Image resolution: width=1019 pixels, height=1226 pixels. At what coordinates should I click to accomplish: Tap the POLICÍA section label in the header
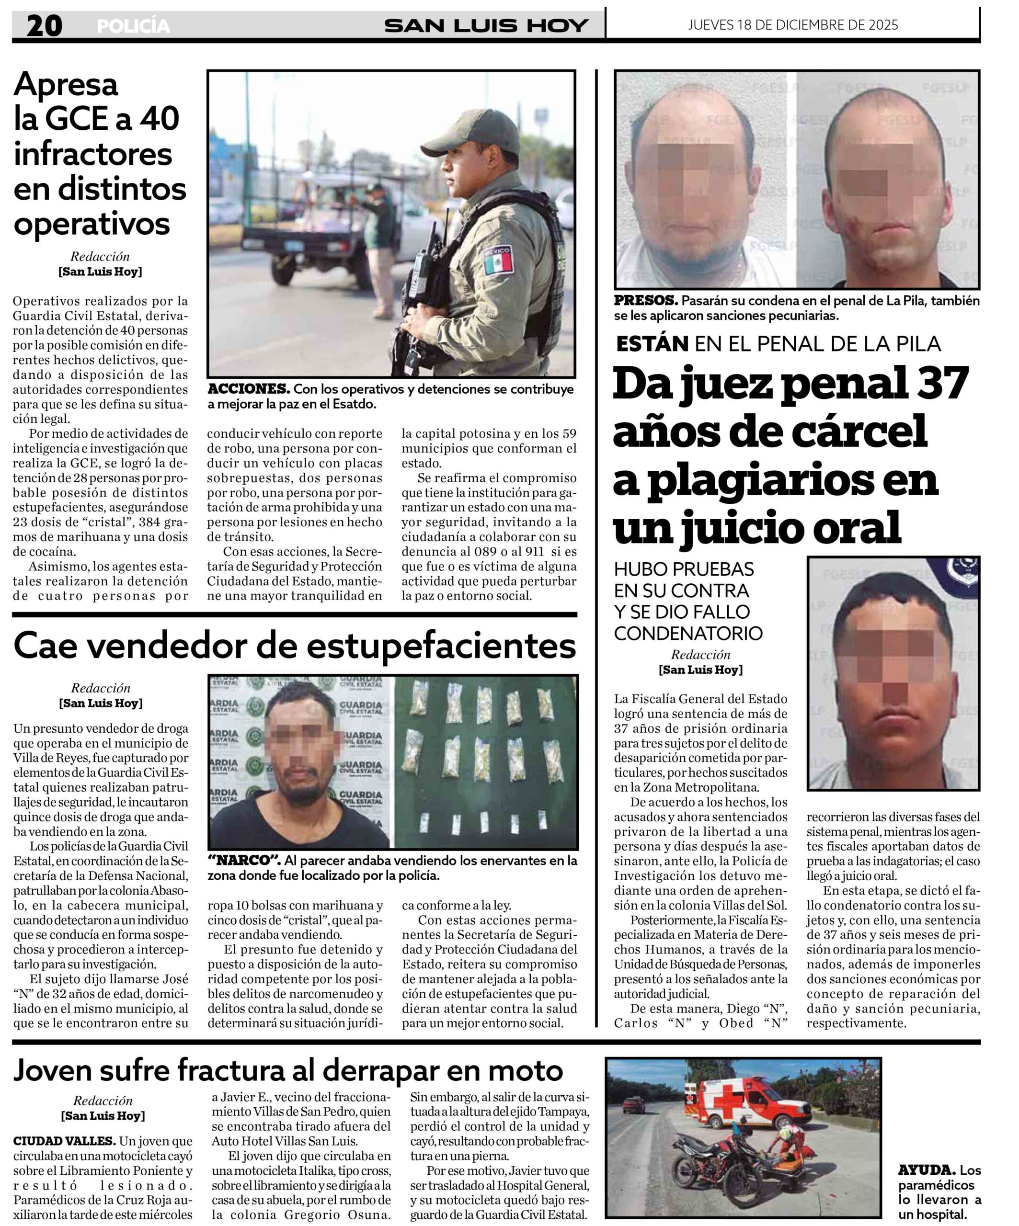[133, 26]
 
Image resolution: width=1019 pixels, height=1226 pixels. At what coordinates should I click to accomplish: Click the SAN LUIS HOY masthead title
[486, 26]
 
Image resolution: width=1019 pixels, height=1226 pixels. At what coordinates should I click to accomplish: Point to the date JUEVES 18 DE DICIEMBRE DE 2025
[792, 24]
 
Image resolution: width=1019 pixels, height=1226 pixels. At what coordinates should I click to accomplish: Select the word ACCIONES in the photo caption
[248, 389]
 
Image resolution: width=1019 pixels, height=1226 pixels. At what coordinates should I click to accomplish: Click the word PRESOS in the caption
[645, 301]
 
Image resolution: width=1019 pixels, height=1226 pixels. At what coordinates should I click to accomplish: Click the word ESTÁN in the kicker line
[652, 344]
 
